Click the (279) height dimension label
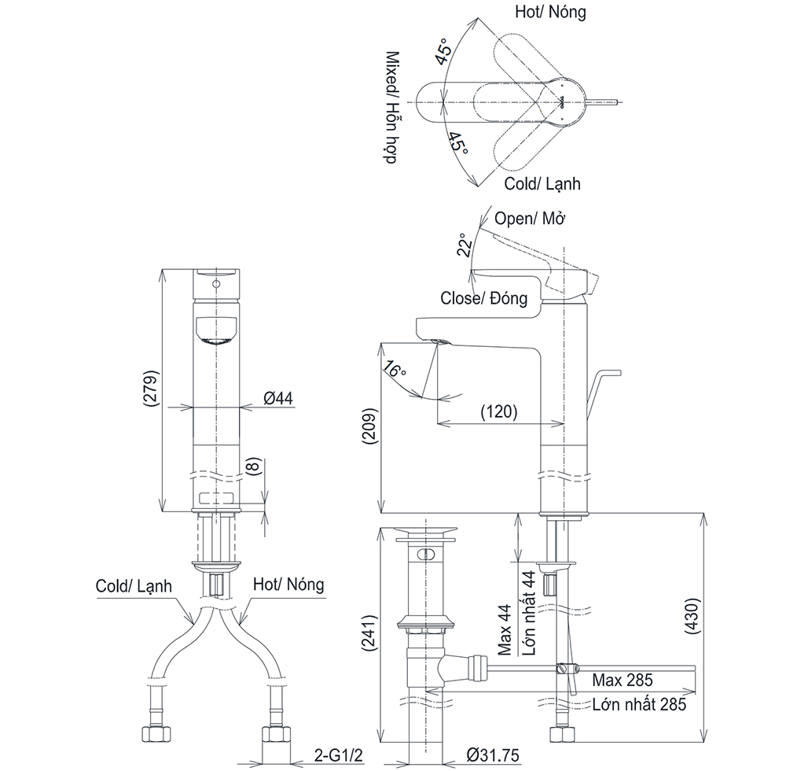[x=151, y=388]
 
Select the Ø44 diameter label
[x=278, y=398]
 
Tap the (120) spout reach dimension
[x=499, y=411]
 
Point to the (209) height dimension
[x=369, y=426]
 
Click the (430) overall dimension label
[x=693, y=616]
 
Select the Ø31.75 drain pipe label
[x=493, y=754]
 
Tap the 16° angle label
[x=394, y=370]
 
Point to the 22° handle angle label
[x=465, y=245]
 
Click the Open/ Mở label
[x=530, y=218]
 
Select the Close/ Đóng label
[x=483, y=298]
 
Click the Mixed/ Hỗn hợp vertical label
[x=392, y=107]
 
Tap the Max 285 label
[x=622, y=681]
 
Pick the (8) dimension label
[x=254, y=466]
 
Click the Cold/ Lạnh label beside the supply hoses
[x=134, y=586]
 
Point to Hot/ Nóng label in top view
[x=550, y=12]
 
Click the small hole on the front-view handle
[x=217, y=285]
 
